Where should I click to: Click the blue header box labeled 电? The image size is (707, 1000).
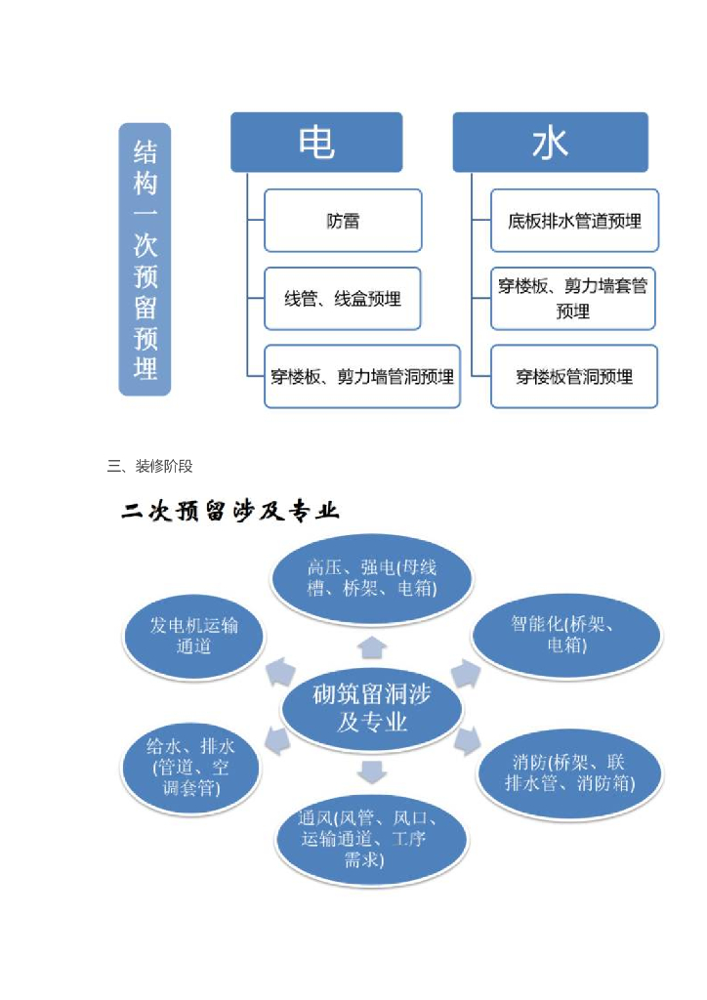[316, 143]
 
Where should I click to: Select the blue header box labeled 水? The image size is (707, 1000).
[550, 143]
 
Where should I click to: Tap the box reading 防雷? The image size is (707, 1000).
[343, 221]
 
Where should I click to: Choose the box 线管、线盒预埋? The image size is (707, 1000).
[343, 299]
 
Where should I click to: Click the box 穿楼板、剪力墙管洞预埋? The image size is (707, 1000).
[361, 376]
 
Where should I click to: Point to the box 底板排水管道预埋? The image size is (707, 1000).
[574, 221]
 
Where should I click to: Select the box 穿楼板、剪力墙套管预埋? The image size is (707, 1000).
[573, 299]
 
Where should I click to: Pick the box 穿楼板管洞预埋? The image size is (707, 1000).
[574, 376]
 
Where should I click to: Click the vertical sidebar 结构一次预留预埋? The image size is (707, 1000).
[145, 259]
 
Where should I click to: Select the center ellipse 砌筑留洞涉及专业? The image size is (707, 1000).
[371, 707]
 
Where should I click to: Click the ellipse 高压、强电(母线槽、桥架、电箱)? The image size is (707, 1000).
[371, 578]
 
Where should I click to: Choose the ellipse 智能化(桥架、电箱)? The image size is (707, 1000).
[566, 635]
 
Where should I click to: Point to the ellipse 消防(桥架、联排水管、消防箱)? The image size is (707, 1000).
[569, 772]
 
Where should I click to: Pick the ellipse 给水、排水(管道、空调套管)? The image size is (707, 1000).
[191, 767]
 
